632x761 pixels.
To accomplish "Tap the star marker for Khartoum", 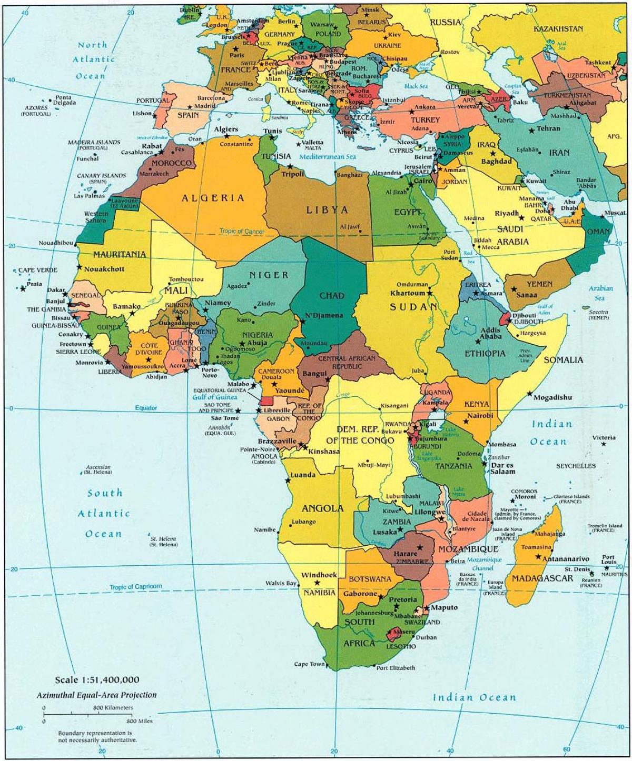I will point(430,292).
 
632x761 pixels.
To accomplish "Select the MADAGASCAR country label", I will point(542,578).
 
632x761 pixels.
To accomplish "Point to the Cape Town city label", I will point(309,664).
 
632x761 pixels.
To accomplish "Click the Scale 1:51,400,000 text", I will point(97,680).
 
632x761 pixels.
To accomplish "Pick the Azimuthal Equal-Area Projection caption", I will point(96,695).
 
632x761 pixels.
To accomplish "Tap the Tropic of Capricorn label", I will point(136,586).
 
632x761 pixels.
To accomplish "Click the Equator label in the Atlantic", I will point(145,408).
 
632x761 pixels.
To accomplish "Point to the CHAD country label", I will point(332,296).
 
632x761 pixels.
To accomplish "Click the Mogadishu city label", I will point(552,397).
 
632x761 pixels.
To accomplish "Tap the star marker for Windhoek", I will point(317,583).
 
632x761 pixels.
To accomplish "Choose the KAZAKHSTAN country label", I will point(558,28).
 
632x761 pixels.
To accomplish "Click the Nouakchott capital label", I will point(104,268).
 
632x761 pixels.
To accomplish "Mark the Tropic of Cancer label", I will point(242,232).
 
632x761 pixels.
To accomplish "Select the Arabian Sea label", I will point(600,293).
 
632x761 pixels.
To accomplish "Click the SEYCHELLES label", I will point(576,466).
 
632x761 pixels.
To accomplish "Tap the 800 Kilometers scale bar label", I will point(113,708).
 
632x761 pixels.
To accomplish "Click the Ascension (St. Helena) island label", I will point(98,469).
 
